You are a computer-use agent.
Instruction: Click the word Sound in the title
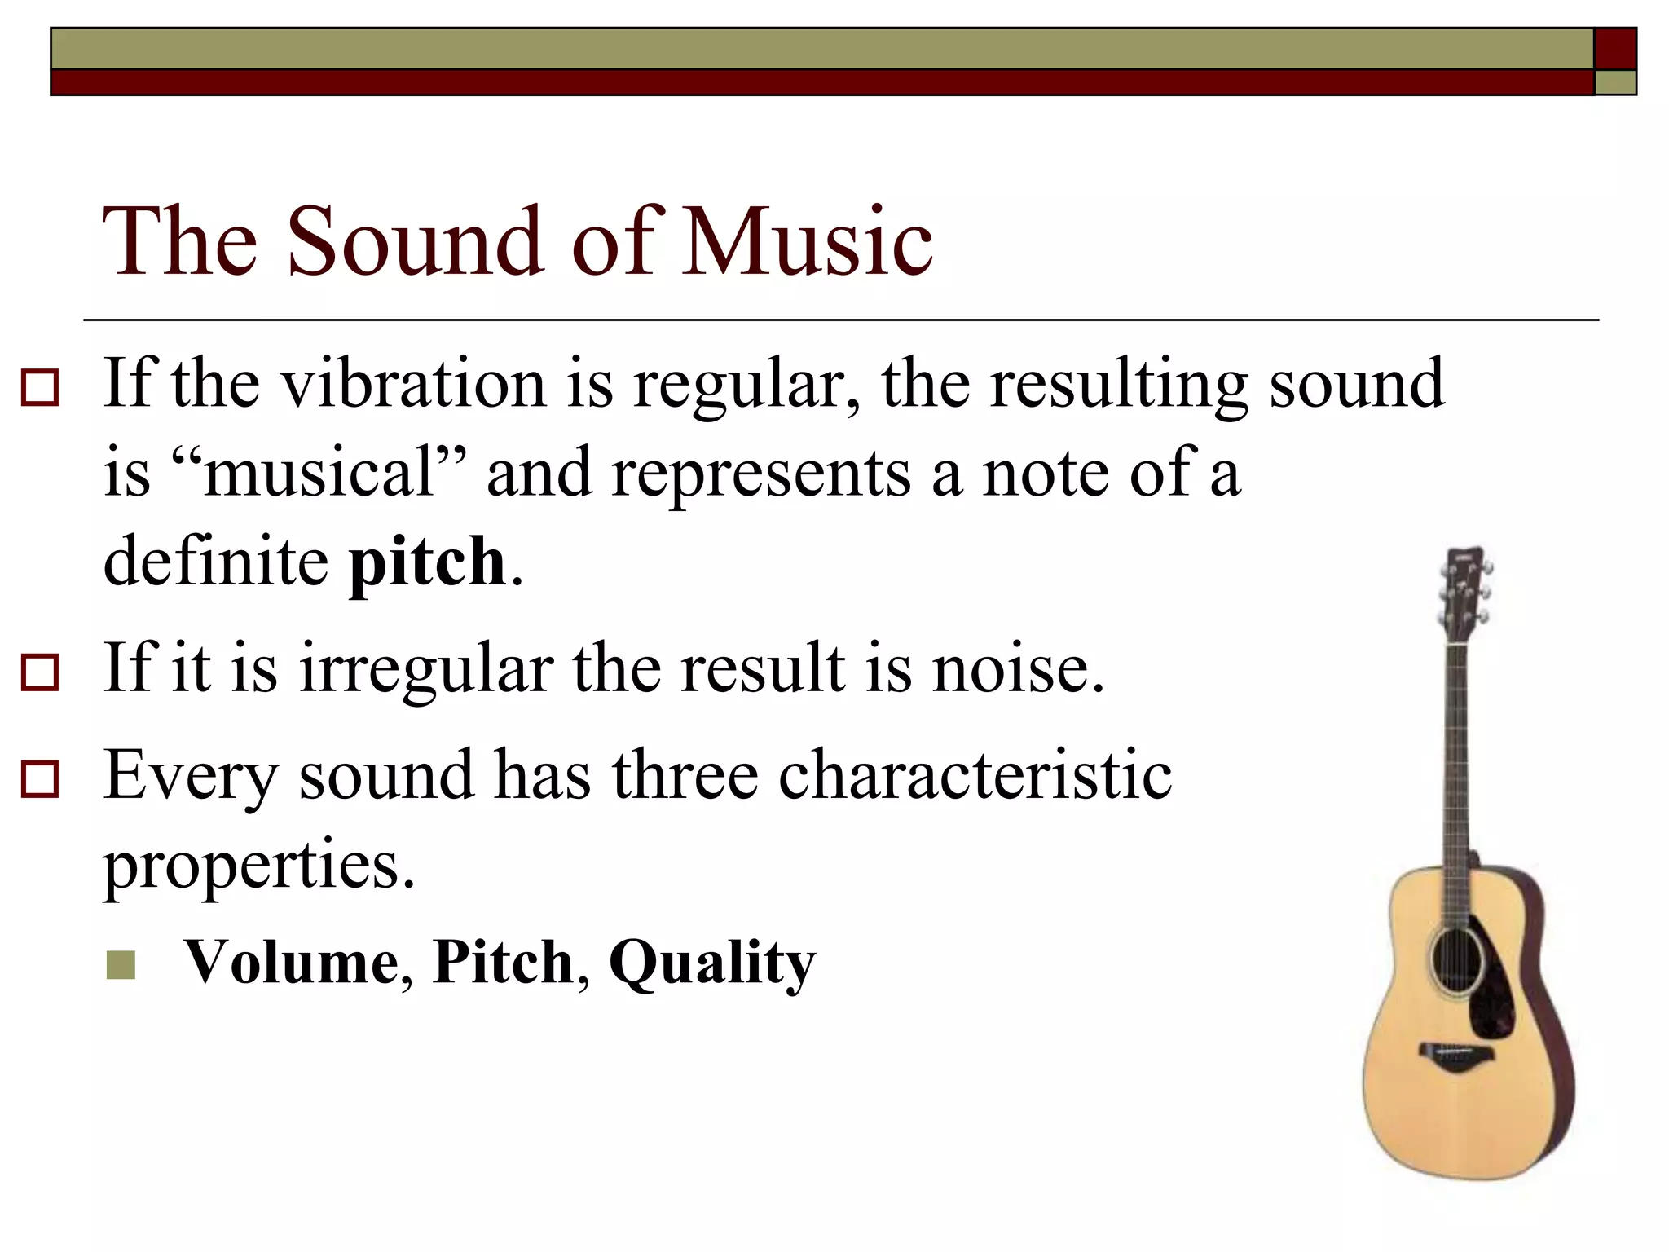[416, 241]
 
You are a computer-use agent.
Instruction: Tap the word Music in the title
[808, 241]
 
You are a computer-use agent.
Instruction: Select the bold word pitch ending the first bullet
[428, 562]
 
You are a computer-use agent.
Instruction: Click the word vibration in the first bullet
[413, 383]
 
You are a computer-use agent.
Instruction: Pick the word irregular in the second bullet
[426, 668]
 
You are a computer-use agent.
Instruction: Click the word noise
[1018, 668]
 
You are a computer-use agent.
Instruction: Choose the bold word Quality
[711, 963]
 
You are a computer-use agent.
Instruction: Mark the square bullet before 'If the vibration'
[40, 388]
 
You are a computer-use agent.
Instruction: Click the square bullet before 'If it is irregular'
[40, 673]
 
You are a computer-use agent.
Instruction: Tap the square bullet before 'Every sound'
[40, 779]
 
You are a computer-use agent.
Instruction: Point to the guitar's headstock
[1464, 591]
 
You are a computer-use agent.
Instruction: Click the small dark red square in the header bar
[1614, 49]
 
